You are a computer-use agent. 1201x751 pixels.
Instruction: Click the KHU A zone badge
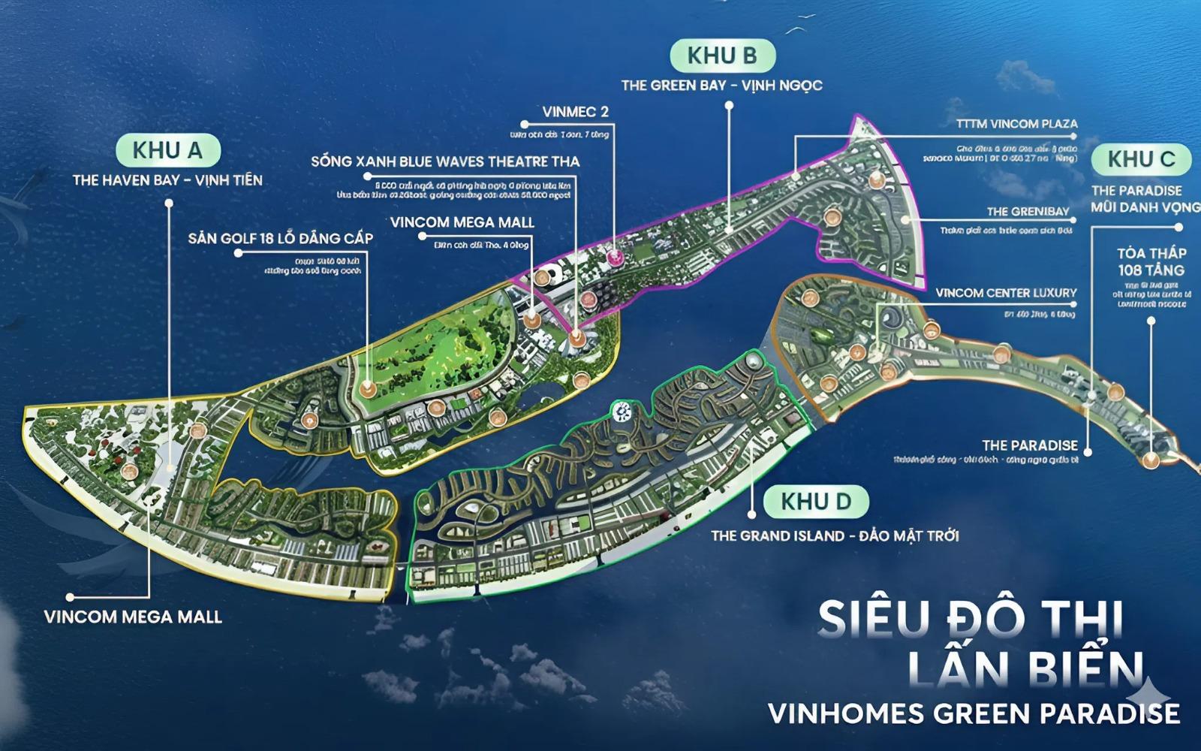(167, 150)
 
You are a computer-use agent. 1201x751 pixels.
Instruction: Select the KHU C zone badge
(1141, 159)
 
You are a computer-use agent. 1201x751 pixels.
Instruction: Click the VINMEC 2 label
(575, 112)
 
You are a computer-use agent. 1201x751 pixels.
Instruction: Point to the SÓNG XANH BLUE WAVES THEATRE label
(445, 161)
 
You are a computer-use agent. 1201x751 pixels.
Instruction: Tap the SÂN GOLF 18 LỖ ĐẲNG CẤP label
(281, 238)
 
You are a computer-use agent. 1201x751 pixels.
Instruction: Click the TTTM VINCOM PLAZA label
(1017, 123)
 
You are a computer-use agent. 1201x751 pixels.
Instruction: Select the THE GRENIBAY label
(1031, 212)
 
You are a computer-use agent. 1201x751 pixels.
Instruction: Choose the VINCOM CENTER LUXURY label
(1006, 292)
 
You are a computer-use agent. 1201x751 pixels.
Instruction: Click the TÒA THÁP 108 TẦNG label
(1151, 261)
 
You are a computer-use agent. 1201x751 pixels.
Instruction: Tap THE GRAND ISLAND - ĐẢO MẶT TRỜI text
(835, 535)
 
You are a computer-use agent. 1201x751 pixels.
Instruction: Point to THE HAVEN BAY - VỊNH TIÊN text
(167, 180)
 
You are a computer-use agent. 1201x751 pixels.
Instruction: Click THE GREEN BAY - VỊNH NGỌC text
(721, 86)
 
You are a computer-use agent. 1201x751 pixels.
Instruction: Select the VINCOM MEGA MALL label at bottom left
(133, 617)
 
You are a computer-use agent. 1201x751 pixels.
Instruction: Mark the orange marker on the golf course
(367, 389)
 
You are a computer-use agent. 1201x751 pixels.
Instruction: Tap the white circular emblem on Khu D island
(622, 410)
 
